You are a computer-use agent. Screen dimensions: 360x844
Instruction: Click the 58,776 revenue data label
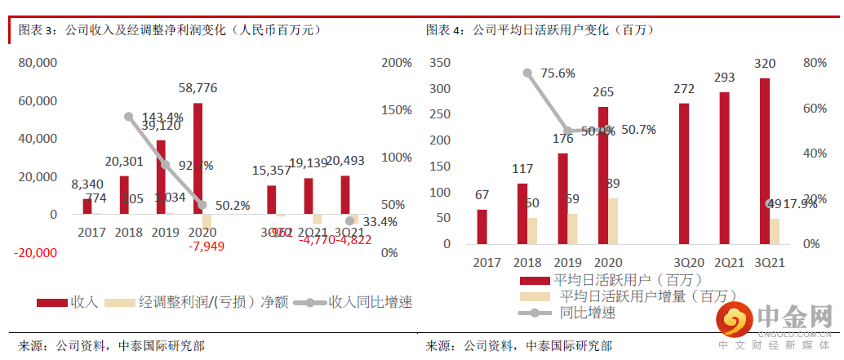pyautogui.click(x=199, y=87)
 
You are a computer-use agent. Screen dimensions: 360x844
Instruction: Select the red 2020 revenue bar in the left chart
pyautogui.click(x=198, y=158)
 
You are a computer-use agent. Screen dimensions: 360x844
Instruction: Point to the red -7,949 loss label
pyautogui.click(x=207, y=246)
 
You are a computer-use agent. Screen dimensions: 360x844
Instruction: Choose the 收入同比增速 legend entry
pyautogui.click(x=354, y=301)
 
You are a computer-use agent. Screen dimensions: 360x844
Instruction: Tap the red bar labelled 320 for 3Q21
pyautogui.click(x=765, y=161)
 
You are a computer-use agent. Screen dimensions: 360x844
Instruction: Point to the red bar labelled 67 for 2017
pyautogui.click(x=482, y=226)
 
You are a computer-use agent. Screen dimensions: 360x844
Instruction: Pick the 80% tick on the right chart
pyautogui.click(x=815, y=63)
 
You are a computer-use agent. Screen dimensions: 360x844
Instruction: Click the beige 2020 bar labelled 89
pyautogui.click(x=614, y=220)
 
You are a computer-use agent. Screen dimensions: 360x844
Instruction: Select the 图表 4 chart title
pyautogui.click(x=539, y=29)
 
